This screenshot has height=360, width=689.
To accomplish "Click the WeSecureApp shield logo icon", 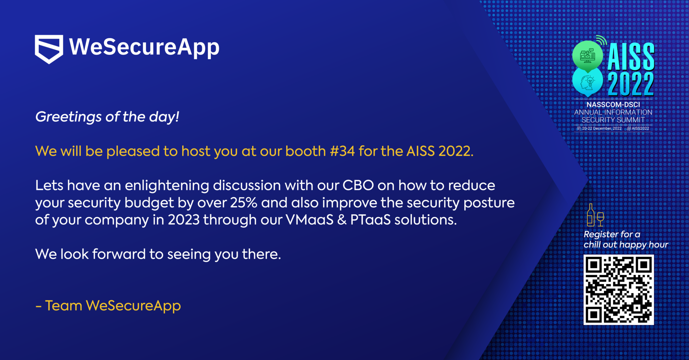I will coord(49,49).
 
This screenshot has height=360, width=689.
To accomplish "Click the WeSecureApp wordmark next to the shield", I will coord(144,47).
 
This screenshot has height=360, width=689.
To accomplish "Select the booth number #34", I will coord(342,151).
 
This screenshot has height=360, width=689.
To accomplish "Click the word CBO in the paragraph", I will coord(358,185).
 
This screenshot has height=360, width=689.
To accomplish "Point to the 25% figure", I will coord(244,203).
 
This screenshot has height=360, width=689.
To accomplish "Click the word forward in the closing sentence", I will coord(119,254).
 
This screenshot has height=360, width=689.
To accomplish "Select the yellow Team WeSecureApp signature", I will coord(108,305).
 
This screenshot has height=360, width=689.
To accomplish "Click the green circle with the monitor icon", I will coord(587,56).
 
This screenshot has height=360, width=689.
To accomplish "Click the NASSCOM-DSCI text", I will coord(613,105).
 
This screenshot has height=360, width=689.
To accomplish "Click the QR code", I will coord(618,290).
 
